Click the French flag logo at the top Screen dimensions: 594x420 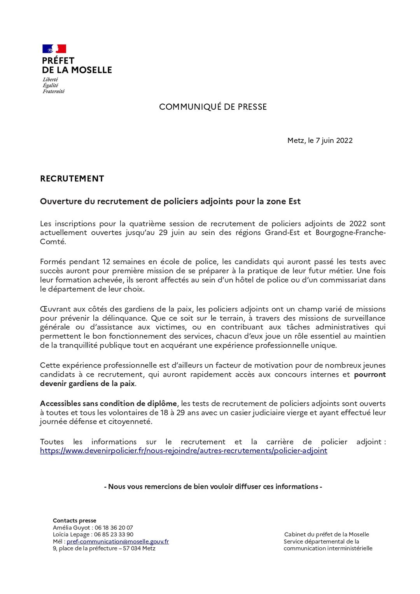pos(54,49)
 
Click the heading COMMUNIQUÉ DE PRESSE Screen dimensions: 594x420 pos(213,107)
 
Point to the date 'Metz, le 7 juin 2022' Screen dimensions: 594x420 pos(320,141)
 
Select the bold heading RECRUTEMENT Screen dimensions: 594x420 pos(72,179)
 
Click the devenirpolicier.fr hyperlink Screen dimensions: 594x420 pos(184,451)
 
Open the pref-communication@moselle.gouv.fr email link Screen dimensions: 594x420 pos(117,541)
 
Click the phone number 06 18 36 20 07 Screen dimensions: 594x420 pos(114,528)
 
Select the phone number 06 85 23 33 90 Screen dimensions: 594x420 pos(114,534)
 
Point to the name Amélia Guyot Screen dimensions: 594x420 pos(71,528)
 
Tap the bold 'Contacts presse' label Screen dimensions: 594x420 pos(74,521)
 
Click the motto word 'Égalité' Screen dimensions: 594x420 pos(51,86)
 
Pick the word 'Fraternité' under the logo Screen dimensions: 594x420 pos(54,91)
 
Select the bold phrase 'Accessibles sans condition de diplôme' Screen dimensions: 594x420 pos(108,404)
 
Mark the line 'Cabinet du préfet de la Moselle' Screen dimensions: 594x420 pos(326,534)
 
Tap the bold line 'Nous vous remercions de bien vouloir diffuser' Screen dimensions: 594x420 pos(213,487)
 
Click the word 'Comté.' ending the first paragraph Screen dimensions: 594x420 pos(53,242)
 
